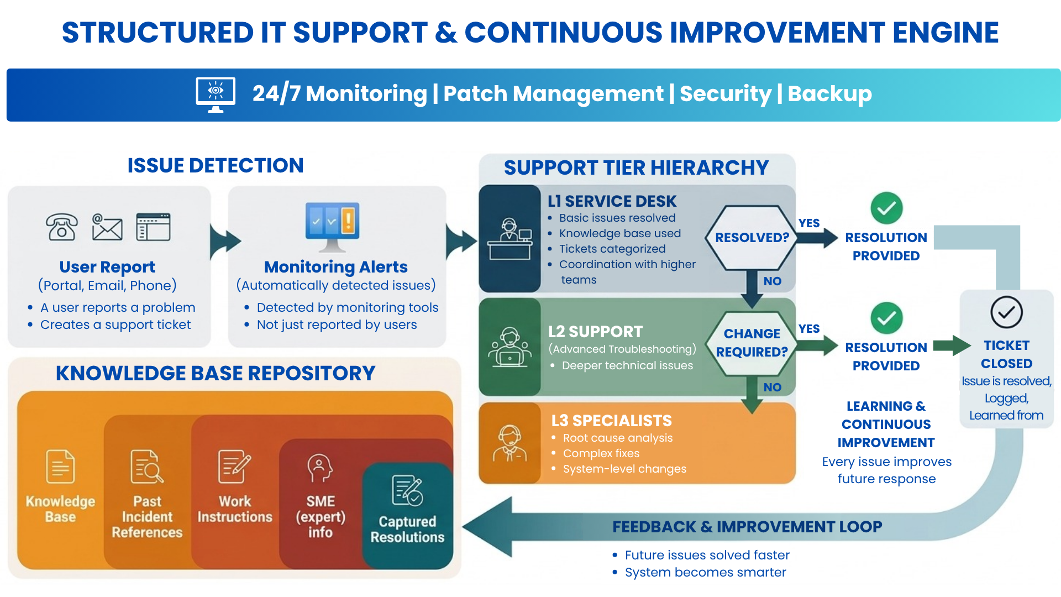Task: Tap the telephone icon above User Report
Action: (x=61, y=227)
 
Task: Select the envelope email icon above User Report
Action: (x=107, y=227)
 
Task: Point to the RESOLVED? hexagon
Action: (x=752, y=238)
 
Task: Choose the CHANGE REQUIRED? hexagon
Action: (x=752, y=343)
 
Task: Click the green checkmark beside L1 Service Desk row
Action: (x=886, y=208)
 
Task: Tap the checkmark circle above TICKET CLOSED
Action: (x=1006, y=312)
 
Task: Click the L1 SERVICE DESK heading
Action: (x=612, y=201)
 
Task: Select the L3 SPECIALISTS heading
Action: (x=611, y=421)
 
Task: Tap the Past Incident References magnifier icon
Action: (x=147, y=467)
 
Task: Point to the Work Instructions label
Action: (x=235, y=509)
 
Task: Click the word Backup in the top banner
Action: (x=829, y=94)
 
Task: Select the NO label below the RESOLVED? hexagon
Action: (x=773, y=281)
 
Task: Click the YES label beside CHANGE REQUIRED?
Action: (x=809, y=329)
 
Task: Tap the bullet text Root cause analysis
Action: (x=618, y=438)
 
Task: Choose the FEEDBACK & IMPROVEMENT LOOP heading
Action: (x=747, y=527)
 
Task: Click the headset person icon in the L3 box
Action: (x=510, y=443)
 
